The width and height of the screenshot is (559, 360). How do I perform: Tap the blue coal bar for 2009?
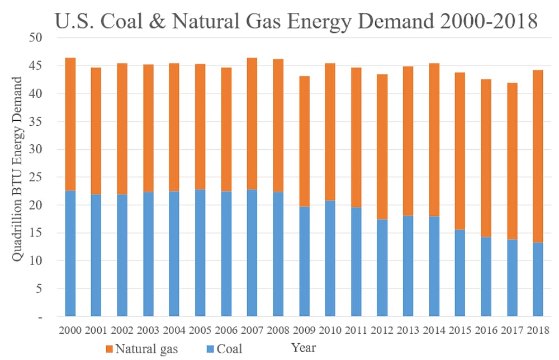coord(304,261)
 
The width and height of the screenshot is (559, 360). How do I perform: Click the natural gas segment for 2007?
coord(252,124)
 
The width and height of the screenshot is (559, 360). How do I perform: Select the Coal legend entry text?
coord(230,349)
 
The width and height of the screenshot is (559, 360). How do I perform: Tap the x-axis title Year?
coord(304,348)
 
